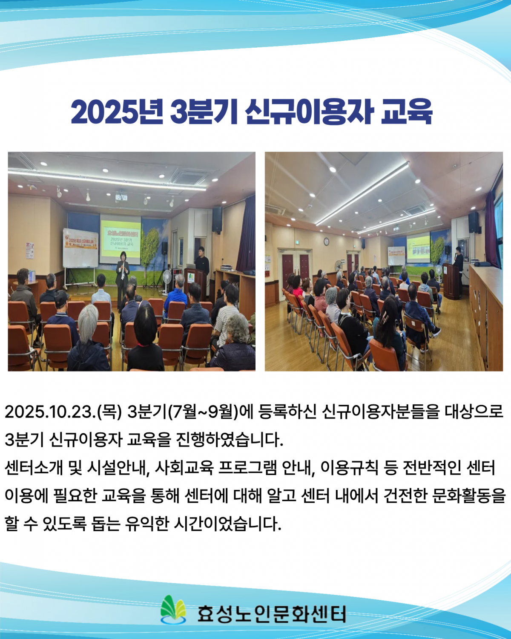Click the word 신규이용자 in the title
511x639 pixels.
click(x=309, y=112)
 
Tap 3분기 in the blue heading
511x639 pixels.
click(x=203, y=112)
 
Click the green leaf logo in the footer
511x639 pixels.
click(x=173, y=610)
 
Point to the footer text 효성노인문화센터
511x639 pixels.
click(x=271, y=614)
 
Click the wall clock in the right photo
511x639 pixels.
click(x=326, y=242)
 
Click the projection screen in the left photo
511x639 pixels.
click(x=120, y=239)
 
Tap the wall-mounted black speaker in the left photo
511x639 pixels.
click(x=217, y=219)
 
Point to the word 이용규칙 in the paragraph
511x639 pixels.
click(x=349, y=468)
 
